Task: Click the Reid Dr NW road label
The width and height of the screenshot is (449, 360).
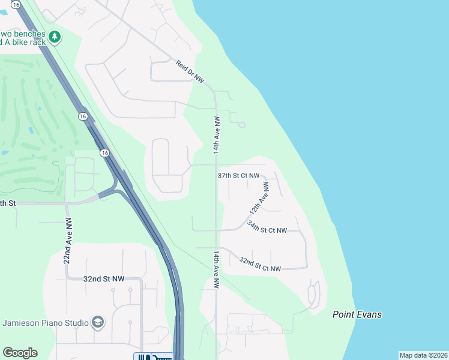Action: pyautogui.click(x=191, y=71)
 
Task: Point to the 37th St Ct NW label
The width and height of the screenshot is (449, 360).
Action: pyautogui.click(x=238, y=176)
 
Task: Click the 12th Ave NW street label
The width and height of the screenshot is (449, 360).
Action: pyautogui.click(x=259, y=199)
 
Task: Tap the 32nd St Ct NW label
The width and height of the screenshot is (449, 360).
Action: pyautogui.click(x=260, y=265)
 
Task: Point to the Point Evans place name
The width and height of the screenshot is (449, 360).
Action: pyautogui.click(x=357, y=314)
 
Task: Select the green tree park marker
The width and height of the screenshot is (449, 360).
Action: pyautogui.click(x=55, y=37)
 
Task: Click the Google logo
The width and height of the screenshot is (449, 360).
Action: pyautogui.click(x=20, y=353)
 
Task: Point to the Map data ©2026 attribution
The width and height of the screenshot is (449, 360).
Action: pyautogui.click(x=424, y=355)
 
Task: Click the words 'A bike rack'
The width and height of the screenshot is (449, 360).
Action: pyautogui.click(x=24, y=43)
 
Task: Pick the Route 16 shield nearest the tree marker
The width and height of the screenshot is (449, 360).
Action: pyautogui.click(x=82, y=116)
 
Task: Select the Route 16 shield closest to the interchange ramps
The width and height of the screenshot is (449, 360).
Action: pyautogui.click(x=105, y=154)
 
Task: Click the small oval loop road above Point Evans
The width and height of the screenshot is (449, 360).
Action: pyautogui.click(x=314, y=293)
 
